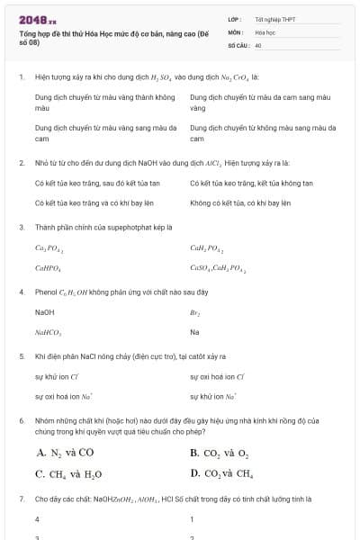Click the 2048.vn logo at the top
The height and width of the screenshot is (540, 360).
37,18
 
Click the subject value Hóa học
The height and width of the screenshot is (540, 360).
265,31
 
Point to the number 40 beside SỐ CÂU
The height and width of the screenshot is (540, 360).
258,44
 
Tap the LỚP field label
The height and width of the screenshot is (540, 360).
234,18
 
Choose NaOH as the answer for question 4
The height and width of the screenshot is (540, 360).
44,311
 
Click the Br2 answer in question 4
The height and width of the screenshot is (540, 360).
194,312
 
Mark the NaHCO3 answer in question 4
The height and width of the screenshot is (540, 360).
48,332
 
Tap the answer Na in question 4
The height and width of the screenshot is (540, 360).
194,332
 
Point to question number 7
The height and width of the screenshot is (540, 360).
21,498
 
